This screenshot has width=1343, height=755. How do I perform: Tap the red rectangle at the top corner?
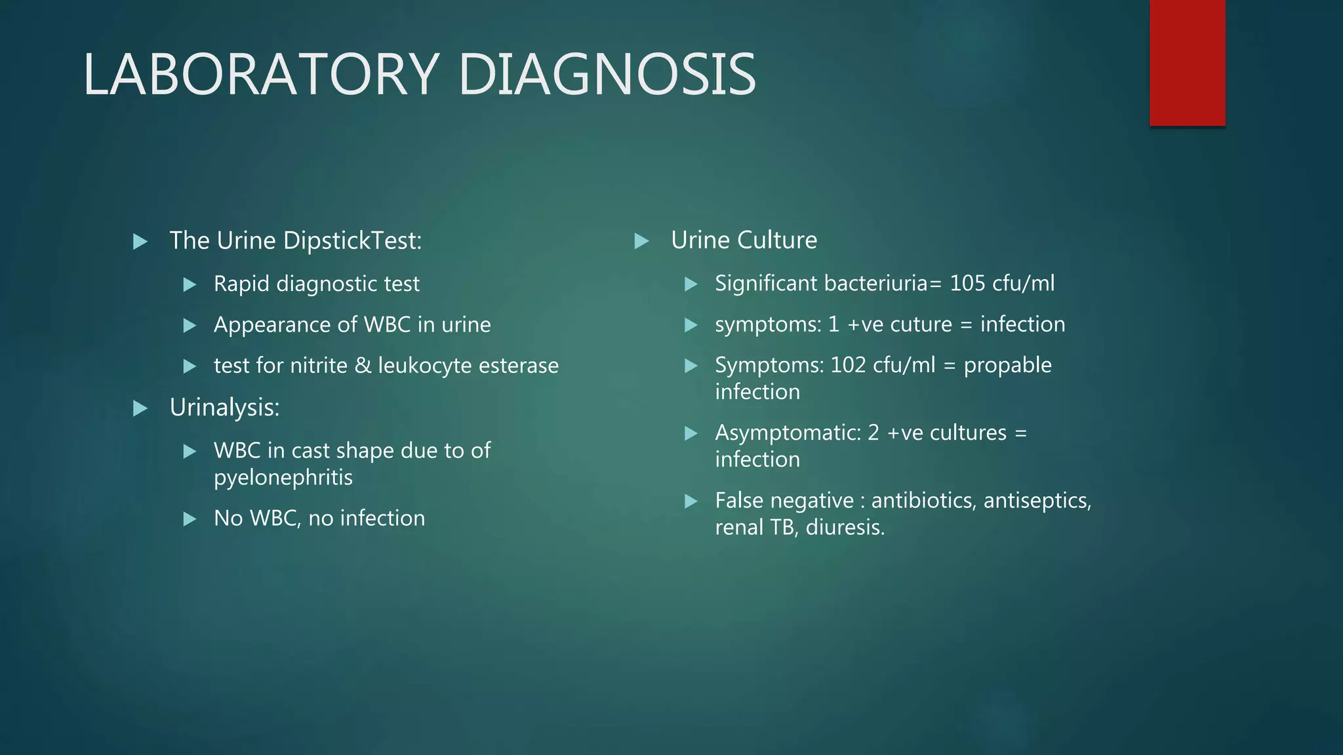(1187, 63)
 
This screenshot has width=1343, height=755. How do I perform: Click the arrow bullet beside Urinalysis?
(140, 409)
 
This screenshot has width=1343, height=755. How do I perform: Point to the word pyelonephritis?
(283, 478)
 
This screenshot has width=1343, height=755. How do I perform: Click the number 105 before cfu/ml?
(967, 283)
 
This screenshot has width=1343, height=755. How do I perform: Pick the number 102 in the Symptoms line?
(848, 365)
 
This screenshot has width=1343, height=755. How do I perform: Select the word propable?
(1007, 365)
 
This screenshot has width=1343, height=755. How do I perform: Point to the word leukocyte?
(425, 366)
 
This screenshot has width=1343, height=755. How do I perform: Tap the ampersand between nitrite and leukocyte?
(363, 366)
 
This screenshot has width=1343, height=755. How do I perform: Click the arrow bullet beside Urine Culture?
(642, 241)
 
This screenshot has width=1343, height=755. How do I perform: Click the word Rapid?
(241, 284)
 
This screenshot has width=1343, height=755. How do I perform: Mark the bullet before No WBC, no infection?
(190, 520)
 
